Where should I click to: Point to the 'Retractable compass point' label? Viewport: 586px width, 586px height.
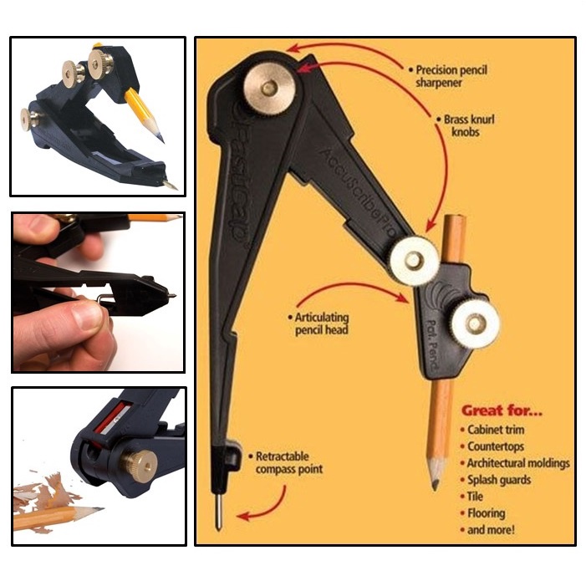tap(288, 462)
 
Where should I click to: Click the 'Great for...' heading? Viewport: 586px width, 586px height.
tap(502, 410)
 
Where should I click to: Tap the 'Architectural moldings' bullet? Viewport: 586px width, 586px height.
tap(517, 463)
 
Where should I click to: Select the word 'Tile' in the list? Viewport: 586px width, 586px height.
tap(475, 497)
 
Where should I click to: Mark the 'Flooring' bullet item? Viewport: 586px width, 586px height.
tap(486, 513)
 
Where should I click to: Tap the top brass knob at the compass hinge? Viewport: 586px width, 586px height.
tap(268, 87)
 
